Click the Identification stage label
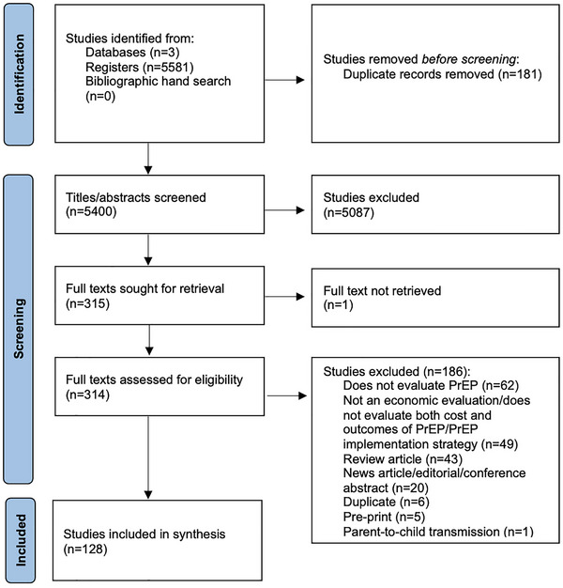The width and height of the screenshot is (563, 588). pos(19,74)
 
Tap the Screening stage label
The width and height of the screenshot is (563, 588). pos(19,329)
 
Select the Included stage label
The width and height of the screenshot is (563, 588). pos(21,540)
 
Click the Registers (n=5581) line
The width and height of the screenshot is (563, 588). pos(140,67)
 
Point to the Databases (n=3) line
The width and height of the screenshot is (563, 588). pos(132,52)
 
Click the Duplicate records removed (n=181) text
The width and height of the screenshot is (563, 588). pos(442,74)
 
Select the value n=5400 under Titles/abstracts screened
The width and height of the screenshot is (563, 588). pos(91,212)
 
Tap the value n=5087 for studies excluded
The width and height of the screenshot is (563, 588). pos(349,212)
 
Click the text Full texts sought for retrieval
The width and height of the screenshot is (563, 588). pos(145,288)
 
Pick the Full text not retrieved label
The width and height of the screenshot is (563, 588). pos(382,290)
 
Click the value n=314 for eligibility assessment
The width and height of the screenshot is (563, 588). pos(87,395)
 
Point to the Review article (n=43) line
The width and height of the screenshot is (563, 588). pos(403,459)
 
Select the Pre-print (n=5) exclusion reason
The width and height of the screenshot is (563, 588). pos(384,518)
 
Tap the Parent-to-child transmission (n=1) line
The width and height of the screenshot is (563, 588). pos(438,532)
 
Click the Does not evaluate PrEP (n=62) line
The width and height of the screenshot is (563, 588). pos(431,385)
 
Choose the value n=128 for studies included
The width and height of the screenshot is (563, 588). pos(85,549)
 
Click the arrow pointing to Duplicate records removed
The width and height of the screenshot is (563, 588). pos(284,80)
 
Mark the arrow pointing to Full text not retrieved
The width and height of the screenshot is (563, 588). pos(284,297)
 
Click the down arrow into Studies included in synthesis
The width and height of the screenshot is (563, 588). pos(148,457)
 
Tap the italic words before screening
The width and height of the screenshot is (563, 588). pos(468,59)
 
